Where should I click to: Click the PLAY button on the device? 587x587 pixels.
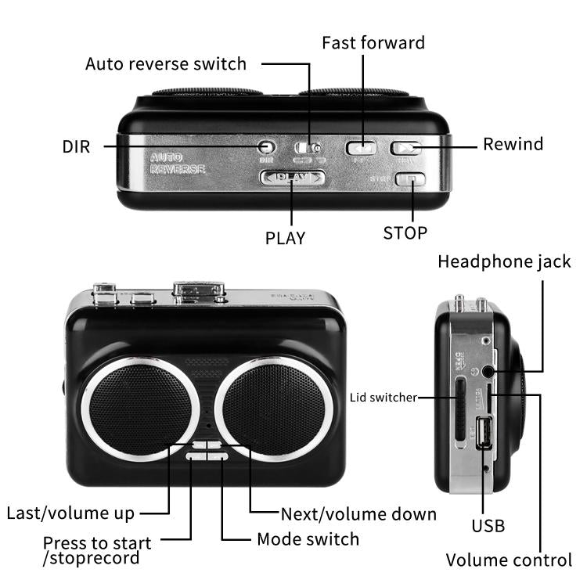[292, 178]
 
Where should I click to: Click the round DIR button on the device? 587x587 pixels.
[267, 146]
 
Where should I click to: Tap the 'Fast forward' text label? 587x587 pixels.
[373, 42]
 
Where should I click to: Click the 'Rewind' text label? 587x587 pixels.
[513, 144]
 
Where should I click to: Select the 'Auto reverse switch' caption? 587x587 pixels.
[166, 63]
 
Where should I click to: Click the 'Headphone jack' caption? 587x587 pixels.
[504, 261]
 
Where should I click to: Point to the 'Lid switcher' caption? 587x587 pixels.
[383, 398]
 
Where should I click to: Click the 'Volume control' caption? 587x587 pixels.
[509, 560]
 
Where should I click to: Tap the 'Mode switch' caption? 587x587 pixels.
[308, 539]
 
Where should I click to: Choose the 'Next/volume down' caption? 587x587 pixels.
[358, 514]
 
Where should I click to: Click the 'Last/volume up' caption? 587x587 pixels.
[70, 513]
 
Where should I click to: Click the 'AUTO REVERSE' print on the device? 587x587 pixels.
[178, 163]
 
